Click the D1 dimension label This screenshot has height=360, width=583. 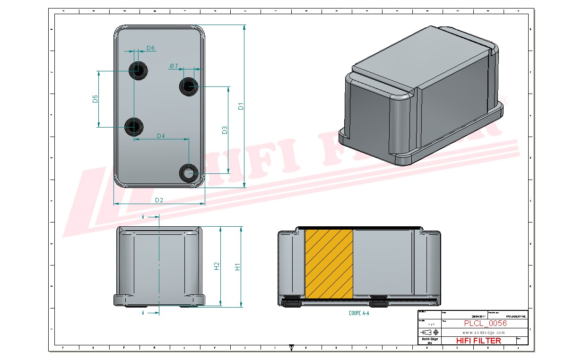[241, 106]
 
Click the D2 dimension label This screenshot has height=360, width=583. [159, 200]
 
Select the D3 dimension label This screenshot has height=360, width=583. [225, 129]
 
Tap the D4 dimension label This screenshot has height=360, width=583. [161, 136]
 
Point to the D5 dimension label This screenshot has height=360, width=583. [95, 99]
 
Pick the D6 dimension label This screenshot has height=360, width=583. [150, 48]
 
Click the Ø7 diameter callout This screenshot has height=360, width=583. [174, 66]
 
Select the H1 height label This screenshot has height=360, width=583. [238, 267]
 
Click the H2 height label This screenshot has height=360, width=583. [217, 266]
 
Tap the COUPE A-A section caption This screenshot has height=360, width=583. [358, 313]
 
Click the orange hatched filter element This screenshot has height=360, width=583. [329, 264]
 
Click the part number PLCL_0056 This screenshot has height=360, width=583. [485, 324]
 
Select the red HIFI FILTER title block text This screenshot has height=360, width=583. [478, 341]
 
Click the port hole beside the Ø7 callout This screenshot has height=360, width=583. [189, 86]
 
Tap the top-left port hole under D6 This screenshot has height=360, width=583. [138, 70]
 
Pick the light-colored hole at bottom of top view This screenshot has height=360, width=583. [189, 172]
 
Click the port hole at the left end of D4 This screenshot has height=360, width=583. [134, 127]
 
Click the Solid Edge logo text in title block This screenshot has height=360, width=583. [429, 339]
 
